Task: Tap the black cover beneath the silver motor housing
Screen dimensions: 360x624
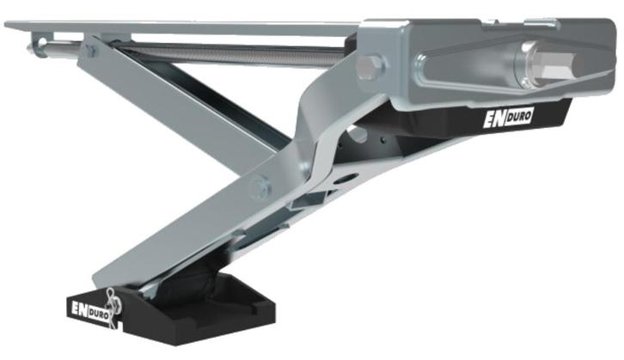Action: [x=481, y=120]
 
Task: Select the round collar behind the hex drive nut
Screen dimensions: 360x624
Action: [x=524, y=64]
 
